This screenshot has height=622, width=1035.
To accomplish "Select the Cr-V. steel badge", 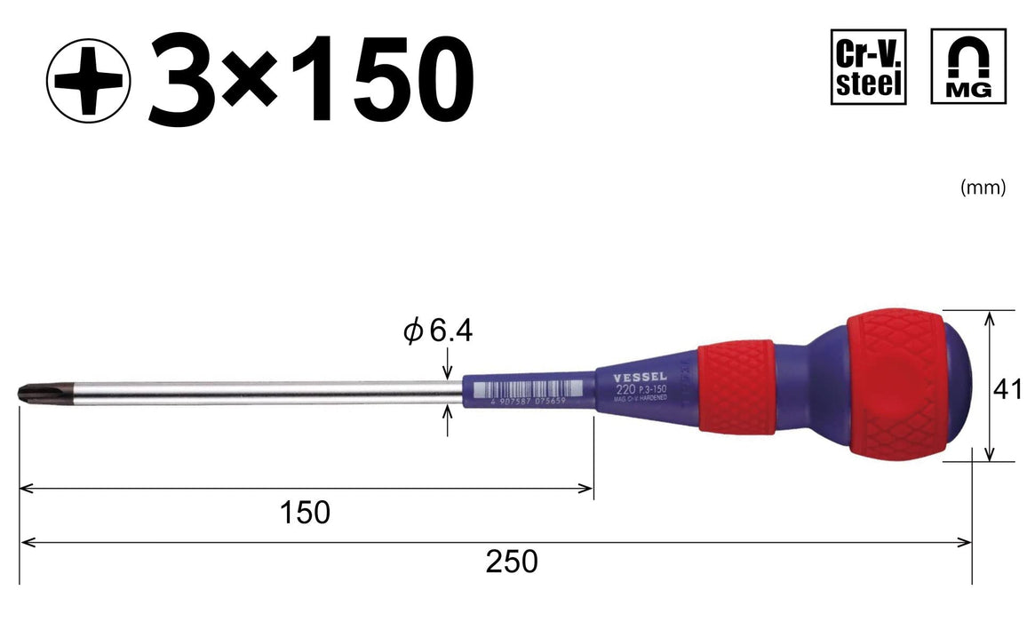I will (868, 67).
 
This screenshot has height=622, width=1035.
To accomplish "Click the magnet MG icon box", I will (968, 67).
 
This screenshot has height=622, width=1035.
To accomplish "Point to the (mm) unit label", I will (983, 187).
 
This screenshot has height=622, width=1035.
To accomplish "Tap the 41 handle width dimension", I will (1007, 389).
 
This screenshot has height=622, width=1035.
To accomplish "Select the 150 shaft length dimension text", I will (305, 512).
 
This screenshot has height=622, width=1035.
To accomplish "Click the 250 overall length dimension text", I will (512, 562).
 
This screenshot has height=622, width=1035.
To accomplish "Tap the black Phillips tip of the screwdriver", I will (30, 393).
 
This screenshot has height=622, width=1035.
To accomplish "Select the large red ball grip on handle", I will (888, 384).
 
